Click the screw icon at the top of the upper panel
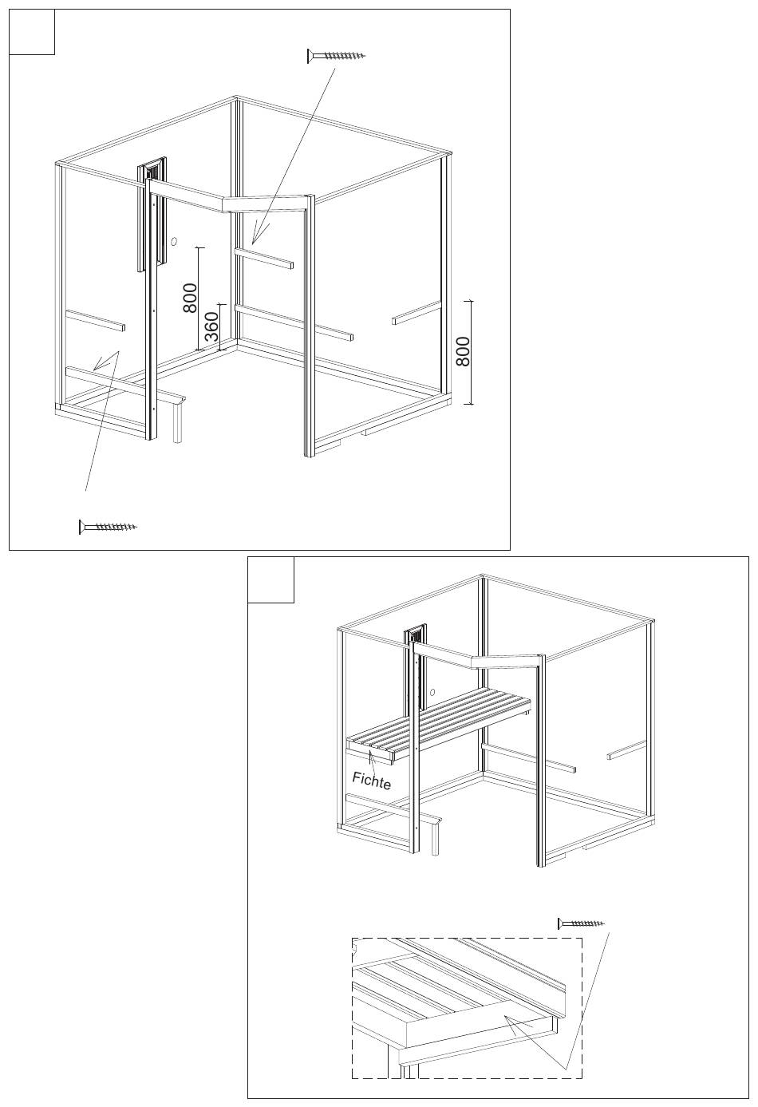point(336,55)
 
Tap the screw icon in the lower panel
point(582,923)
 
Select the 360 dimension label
point(211,326)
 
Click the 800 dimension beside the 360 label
point(190,298)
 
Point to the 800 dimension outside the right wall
point(462,351)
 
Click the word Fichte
point(371,781)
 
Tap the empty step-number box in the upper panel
point(32,32)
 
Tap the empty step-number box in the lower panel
point(270,580)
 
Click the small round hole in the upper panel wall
point(173,242)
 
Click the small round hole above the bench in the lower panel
point(434,692)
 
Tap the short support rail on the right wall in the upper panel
point(416,312)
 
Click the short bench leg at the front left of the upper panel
point(178,420)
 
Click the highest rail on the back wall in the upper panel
point(263,259)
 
